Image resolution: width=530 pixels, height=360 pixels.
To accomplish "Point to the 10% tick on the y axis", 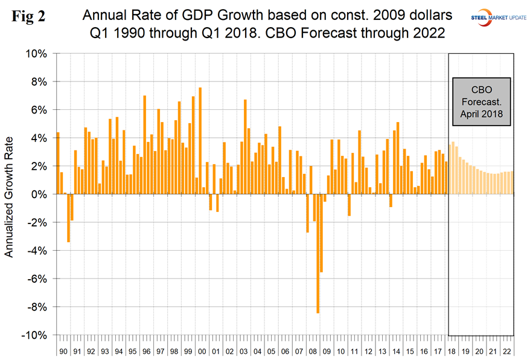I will [x=36, y=54].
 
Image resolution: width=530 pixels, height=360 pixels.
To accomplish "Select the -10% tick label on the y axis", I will [x=34, y=335].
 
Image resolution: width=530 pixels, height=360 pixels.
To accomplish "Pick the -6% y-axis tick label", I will [x=36, y=278].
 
